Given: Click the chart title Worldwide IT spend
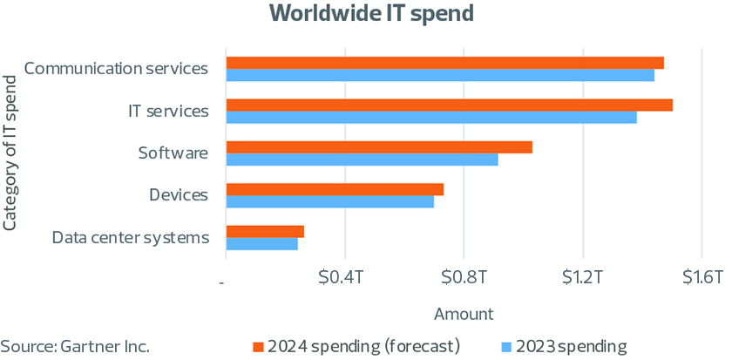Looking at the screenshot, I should [x=365, y=13].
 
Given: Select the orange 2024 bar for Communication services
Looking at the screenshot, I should [x=444, y=63].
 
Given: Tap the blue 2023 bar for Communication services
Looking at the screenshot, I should [x=440, y=76].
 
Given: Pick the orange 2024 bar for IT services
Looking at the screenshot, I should [x=449, y=105].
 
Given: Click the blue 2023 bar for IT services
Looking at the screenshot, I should [x=431, y=118].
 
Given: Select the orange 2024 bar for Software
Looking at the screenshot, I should [x=379, y=147].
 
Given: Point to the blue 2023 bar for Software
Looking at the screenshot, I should [x=362, y=160].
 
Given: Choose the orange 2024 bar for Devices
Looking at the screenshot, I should [x=335, y=189].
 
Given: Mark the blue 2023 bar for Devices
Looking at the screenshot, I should [x=329, y=202].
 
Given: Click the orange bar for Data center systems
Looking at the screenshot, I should [x=265, y=231].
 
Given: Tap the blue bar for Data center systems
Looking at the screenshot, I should [x=261, y=244].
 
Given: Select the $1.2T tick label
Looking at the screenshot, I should [x=583, y=278].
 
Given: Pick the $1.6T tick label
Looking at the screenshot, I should [x=701, y=278].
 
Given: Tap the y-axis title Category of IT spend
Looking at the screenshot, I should [x=10, y=153].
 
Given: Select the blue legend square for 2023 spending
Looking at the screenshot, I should [x=508, y=347].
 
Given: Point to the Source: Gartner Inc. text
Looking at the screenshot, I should [x=75, y=347].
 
